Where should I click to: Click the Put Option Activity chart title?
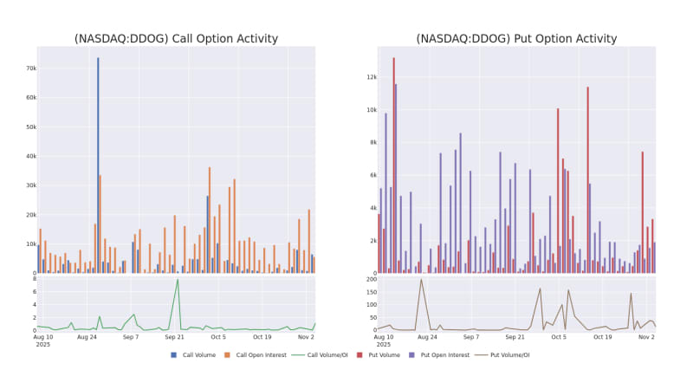[x=516, y=38]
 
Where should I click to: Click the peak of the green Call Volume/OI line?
[x=178, y=280]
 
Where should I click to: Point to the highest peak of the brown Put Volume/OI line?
[x=421, y=280]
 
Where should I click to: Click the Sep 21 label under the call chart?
[x=175, y=337]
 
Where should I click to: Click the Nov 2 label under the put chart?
[x=645, y=337]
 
